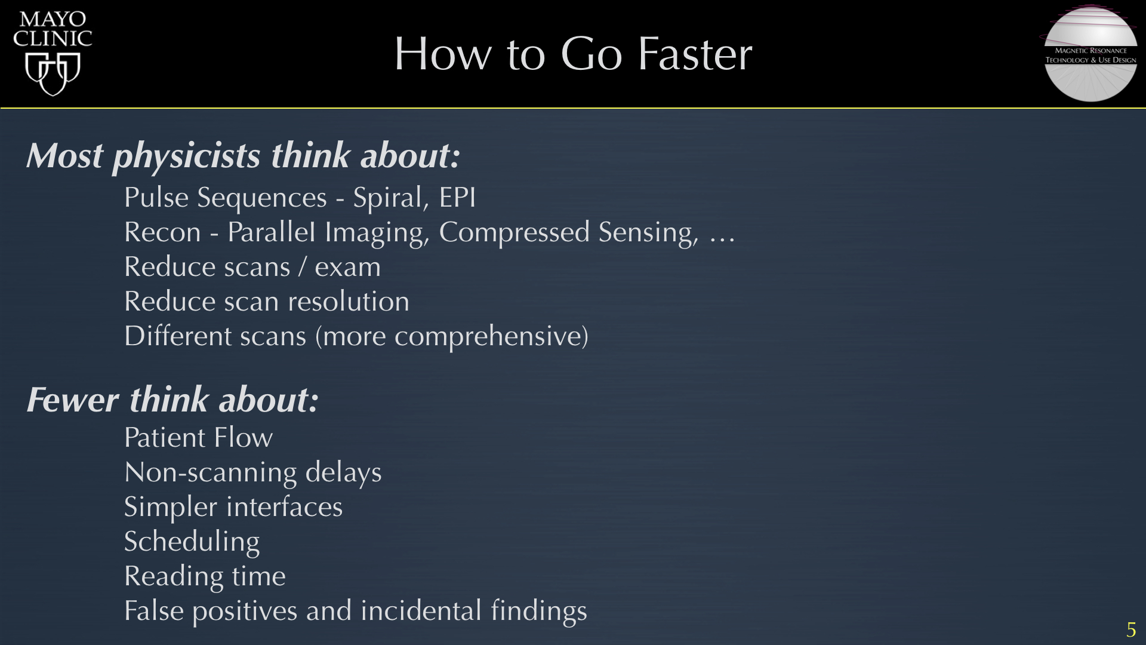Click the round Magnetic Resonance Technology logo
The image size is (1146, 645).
(x=1090, y=54)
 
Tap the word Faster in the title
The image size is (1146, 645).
(x=695, y=54)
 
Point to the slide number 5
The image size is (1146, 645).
(x=1131, y=630)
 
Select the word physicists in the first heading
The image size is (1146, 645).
(x=186, y=156)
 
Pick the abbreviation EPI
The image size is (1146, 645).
(x=458, y=198)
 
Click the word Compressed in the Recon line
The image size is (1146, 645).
(x=514, y=233)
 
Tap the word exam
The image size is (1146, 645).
(x=347, y=268)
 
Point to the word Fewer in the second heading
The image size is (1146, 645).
(x=73, y=400)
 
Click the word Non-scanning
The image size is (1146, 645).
(x=210, y=473)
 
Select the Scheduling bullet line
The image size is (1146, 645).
(x=192, y=542)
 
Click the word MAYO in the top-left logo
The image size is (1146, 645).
(x=53, y=19)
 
